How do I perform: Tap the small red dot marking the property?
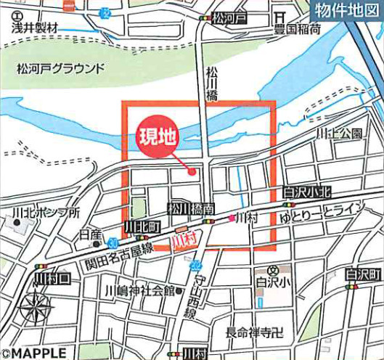[x=192, y=172]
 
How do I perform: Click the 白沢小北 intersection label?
[x=307, y=192]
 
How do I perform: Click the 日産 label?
[x=91, y=234]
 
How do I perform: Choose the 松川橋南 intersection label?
[x=191, y=209]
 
